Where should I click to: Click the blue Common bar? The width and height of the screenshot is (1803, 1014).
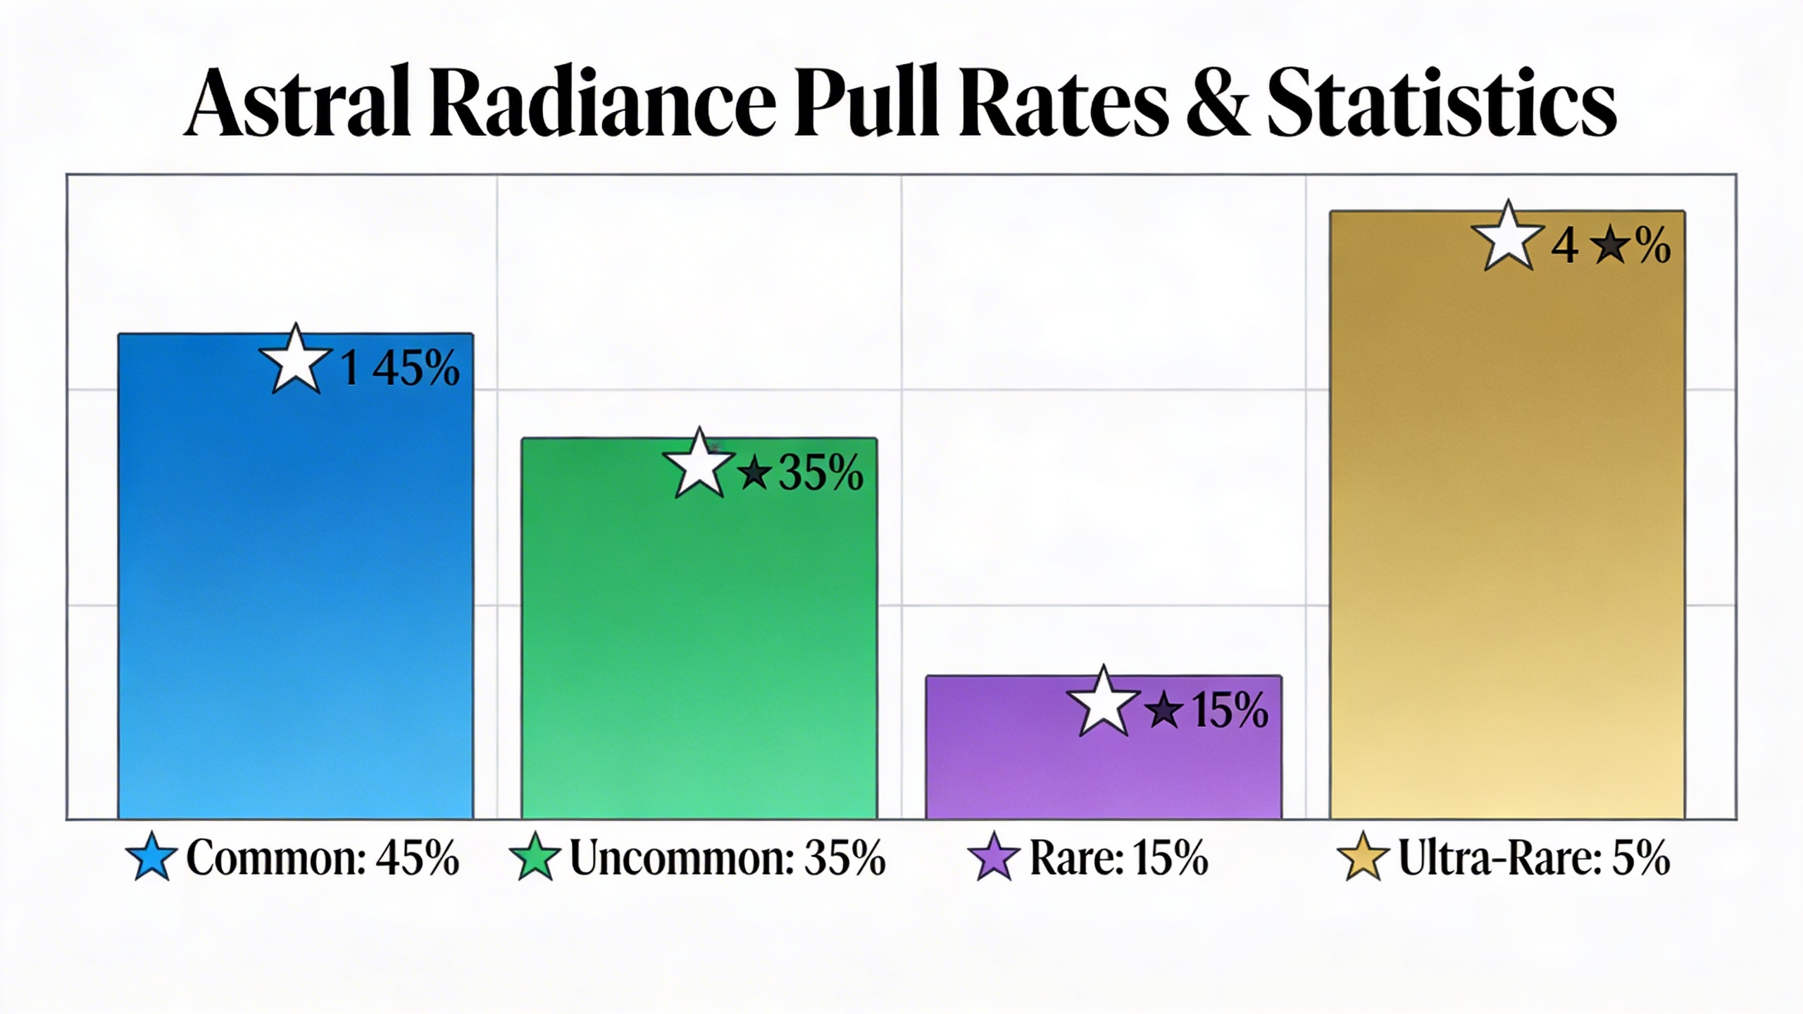click(x=296, y=599)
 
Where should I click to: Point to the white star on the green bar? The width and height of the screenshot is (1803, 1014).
click(x=699, y=465)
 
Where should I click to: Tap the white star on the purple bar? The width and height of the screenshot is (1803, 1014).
click(x=1103, y=703)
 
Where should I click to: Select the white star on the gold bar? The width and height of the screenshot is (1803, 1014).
click(x=1508, y=238)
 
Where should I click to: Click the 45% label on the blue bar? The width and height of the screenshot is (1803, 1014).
click(x=416, y=368)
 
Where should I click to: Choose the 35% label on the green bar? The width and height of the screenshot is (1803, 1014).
click(x=821, y=472)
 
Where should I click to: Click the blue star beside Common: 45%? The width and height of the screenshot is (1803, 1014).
click(x=151, y=857)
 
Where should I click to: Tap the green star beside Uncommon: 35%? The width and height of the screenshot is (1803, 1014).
click(x=535, y=857)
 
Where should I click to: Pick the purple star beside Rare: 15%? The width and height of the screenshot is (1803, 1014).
click(x=994, y=857)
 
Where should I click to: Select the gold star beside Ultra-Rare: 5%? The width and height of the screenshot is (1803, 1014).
click(x=1363, y=857)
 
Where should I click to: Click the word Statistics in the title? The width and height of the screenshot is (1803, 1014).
click(x=1440, y=102)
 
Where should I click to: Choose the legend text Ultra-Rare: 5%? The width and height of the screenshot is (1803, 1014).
click(x=1533, y=858)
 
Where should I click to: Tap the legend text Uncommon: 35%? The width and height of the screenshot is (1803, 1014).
click(x=727, y=858)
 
